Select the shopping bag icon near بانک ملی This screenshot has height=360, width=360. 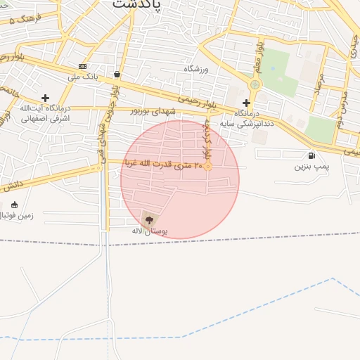coord(116,74)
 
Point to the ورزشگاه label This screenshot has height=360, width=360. coord(198,69)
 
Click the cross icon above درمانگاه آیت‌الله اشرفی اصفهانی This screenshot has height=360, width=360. coord(46,98)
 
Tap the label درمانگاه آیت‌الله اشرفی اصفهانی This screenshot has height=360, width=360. coord(44,113)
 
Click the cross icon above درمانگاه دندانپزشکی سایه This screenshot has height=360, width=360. coord(246,103)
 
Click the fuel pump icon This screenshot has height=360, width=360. coord(311,156)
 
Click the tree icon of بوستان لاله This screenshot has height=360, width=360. coord(148,219)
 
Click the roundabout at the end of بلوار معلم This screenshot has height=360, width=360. coord(255,84)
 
